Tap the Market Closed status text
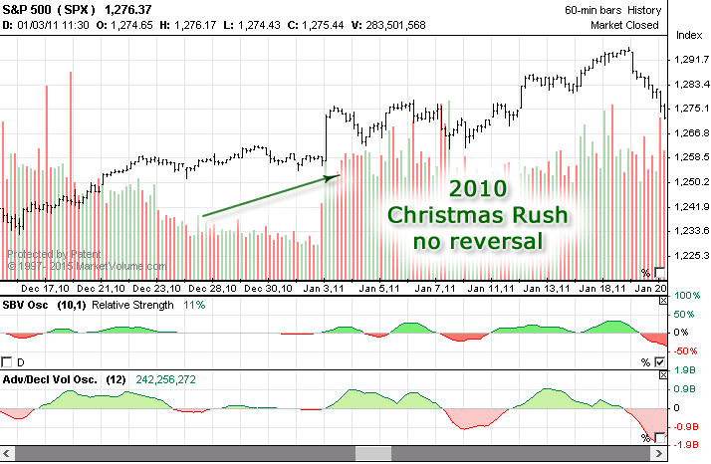pos(624,25)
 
